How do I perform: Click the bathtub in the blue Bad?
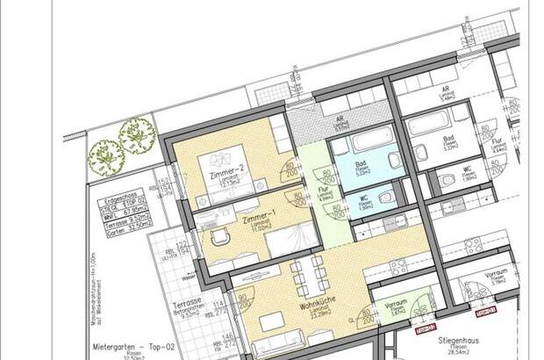[361, 147]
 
